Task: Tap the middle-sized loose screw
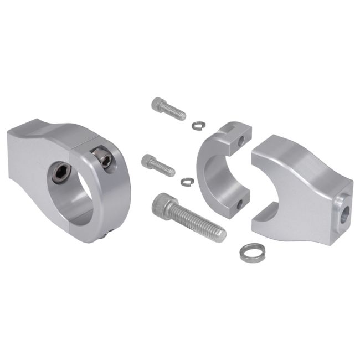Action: tap(158, 165)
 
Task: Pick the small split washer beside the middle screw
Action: tap(188, 181)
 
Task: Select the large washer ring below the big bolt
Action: tap(252, 253)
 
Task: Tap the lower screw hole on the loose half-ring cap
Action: tap(239, 204)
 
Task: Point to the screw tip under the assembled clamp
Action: tap(105, 236)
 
